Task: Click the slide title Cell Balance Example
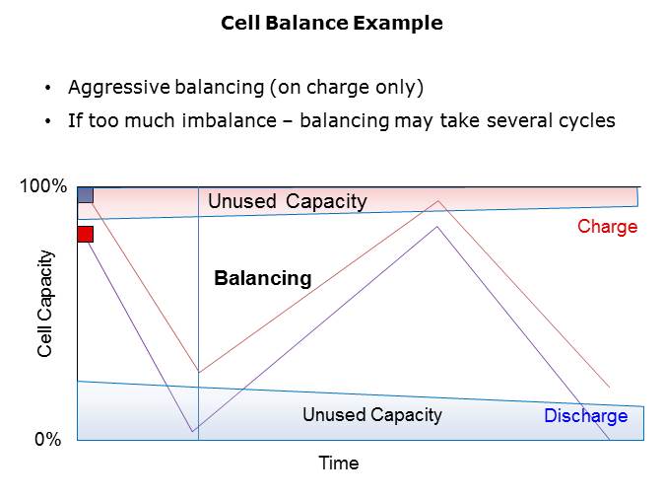(x=331, y=23)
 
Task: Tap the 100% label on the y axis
(x=43, y=186)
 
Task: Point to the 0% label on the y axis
(x=47, y=440)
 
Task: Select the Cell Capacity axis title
(x=45, y=304)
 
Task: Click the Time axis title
(x=338, y=463)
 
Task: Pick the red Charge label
(x=607, y=227)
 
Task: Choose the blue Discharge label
(x=585, y=416)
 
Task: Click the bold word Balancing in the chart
(x=262, y=279)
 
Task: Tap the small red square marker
(x=85, y=234)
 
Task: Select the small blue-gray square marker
(x=85, y=194)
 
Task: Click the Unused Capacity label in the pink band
(x=287, y=202)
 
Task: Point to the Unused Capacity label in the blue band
(x=371, y=414)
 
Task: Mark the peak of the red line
(x=438, y=201)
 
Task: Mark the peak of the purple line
(x=436, y=227)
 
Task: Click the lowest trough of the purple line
(x=192, y=432)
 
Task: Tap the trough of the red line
(x=198, y=373)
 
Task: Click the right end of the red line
(x=610, y=388)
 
